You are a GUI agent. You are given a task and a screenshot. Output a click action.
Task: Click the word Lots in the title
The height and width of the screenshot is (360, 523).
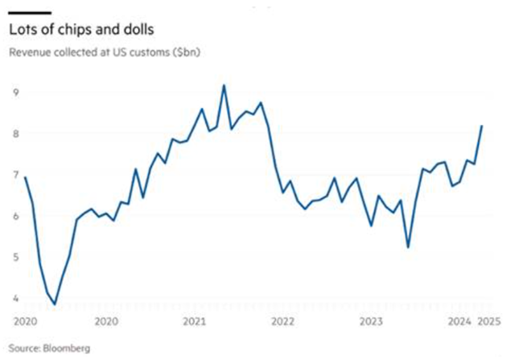(23, 30)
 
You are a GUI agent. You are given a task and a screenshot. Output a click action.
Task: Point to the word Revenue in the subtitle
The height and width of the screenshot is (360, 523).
(30, 53)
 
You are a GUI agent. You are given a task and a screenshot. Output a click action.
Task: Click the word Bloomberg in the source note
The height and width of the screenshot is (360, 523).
(68, 348)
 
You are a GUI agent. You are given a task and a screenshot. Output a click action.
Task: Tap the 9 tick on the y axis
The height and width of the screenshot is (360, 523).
(14, 93)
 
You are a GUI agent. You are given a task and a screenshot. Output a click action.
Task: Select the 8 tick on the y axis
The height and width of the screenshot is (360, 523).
(14, 134)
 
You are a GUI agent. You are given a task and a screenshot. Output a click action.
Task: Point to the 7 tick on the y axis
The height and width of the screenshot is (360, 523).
(14, 175)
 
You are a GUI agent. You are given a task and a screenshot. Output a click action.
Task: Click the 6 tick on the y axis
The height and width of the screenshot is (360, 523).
(14, 216)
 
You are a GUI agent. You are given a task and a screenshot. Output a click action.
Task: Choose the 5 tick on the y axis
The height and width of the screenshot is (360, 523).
(14, 257)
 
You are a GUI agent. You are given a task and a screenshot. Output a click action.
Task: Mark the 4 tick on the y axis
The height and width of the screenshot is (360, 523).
(14, 298)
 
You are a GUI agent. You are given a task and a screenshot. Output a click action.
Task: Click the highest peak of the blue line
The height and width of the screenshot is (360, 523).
(224, 85)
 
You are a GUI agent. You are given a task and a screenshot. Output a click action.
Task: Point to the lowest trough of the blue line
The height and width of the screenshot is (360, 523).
(55, 304)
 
